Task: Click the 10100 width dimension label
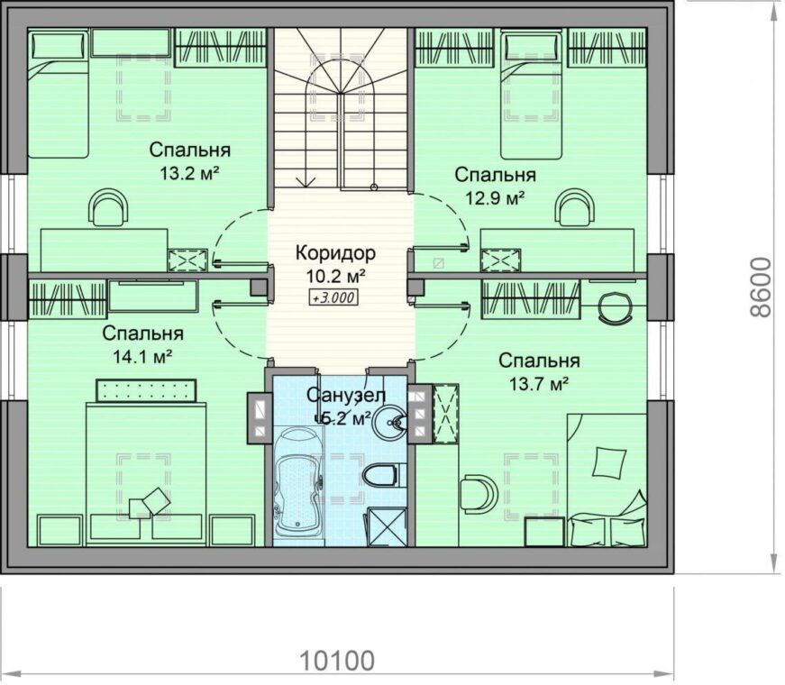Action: pos(337,661)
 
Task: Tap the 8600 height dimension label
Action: pos(762,287)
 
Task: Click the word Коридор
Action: pos(335,253)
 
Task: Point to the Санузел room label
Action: pos(346,396)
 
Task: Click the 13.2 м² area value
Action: pos(190,173)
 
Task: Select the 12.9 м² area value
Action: pos(495,198)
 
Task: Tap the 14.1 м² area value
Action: pos(142,357)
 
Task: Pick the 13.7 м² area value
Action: pos(539,384)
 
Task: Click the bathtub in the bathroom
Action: pos(298,480)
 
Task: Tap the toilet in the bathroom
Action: pos(383,475)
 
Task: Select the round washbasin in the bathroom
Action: pos(391,422)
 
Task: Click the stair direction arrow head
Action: pos(306,182)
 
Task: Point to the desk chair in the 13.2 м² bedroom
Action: pos(108,207)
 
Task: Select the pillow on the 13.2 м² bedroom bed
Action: pos(58,46)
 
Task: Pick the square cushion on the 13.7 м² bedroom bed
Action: pos(608,462)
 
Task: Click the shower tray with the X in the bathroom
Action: pos(387,526)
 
